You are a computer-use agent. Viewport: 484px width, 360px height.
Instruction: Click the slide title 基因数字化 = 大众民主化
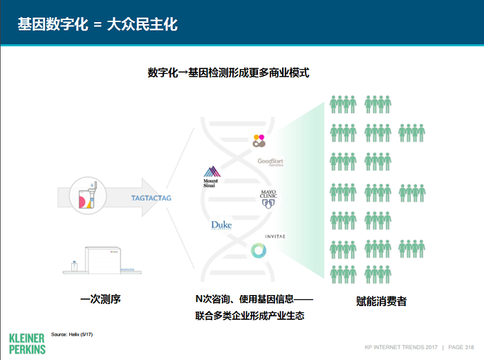click(97, 24)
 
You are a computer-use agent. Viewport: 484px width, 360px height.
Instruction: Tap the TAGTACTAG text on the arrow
click(151, 198)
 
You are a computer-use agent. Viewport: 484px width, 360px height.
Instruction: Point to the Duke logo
click(221, 225)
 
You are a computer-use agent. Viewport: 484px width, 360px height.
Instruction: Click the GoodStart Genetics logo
click(270, 163)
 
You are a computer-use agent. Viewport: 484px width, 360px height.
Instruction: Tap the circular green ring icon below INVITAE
click(258, 252)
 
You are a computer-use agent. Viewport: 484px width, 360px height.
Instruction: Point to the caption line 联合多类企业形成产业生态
click(250, 316)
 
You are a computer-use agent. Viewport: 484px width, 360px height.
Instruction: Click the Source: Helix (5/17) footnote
click(72, 334)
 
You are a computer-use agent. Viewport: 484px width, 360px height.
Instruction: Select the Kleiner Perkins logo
click(28, 343)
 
